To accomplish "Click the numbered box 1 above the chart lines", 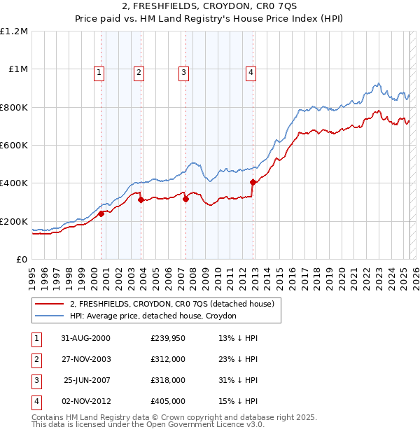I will [x=99, y=71].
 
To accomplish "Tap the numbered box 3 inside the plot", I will [x=183, y=71].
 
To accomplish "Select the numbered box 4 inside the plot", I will [x=251, y=71].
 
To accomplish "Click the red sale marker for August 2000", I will [x=101, y=213].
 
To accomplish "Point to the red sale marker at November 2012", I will [x=253, y=182].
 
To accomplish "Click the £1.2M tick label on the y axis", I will [x=14, y=31].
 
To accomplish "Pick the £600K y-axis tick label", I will [x=14, y=145].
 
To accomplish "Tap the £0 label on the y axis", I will [x=22, y=259].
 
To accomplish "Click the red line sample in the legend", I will [x=49, y=304].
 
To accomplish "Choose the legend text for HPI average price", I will [x=153, y=316].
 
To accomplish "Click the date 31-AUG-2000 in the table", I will [x=86, y=338].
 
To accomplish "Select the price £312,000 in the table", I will [x=168, y=359].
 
